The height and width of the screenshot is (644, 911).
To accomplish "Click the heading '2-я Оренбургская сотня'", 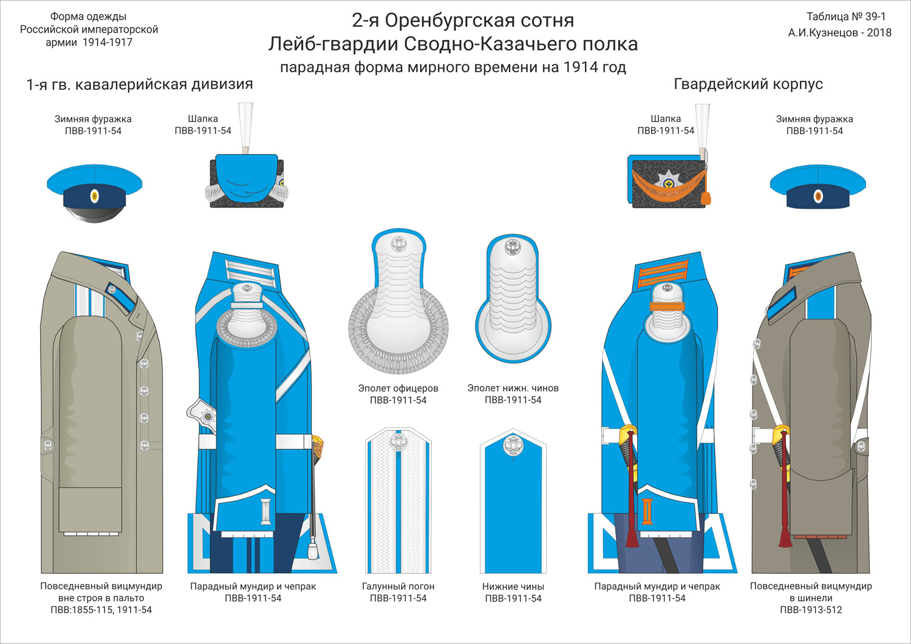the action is (x=463, y=20).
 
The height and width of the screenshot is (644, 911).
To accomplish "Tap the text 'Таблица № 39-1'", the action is (x=846, y=16).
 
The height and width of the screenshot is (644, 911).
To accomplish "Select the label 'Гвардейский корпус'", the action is (x=748, y=84).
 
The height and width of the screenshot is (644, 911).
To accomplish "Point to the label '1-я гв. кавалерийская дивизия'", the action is (x=140, y=84).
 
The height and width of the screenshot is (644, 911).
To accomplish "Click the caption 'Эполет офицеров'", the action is (x=398, y=388).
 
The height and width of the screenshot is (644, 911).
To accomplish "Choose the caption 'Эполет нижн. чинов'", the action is (x=513, y=388).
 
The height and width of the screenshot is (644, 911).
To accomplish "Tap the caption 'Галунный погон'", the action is (x=398, y=586).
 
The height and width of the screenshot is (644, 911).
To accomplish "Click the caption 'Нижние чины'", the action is (x=513, y=586).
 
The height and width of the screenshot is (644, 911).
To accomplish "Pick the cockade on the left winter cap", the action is (x=94, y=197).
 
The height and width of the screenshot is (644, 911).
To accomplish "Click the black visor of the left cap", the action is (x=94, y=213).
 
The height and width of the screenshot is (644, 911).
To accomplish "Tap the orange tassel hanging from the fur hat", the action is (x=706, y=198).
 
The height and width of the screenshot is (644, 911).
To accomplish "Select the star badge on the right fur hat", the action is (x=669, y=181).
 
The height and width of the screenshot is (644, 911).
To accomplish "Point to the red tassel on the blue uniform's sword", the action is (x=632, y=537).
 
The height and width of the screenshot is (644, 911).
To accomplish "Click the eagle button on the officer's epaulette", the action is (x=398, y=244).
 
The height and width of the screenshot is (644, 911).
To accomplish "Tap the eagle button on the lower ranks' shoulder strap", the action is (x=513, y=446).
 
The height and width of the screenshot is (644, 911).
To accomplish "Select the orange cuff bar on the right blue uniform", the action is (x=647, y=511).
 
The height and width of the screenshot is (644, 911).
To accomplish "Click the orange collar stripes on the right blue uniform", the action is (x=663, y=273).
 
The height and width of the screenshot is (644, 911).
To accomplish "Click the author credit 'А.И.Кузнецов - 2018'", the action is (x=840, y=33).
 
